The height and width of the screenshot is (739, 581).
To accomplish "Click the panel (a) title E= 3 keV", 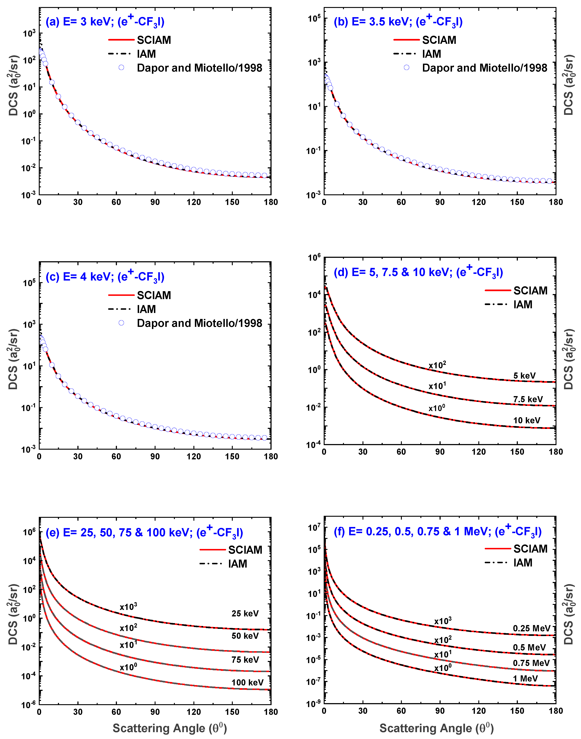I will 105,22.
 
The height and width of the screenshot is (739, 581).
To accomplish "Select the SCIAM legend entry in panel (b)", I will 439,40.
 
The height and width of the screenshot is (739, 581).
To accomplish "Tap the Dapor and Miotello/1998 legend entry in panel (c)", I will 199,323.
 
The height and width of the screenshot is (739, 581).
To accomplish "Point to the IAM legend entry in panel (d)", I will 523,305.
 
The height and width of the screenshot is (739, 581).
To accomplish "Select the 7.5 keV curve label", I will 528,399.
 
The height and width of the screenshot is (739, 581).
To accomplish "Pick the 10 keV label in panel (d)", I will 527,420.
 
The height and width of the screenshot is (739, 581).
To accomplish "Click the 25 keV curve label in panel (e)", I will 245,614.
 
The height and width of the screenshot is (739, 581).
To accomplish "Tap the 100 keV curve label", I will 247,683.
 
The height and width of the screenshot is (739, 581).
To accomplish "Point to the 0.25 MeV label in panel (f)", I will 531,628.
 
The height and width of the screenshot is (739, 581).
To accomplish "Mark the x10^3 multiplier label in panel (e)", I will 128,607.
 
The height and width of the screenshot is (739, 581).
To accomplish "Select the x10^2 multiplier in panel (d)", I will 437,365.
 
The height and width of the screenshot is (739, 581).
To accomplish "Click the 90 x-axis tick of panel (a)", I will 155,202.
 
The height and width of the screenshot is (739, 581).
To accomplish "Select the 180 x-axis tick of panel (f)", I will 556,711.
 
